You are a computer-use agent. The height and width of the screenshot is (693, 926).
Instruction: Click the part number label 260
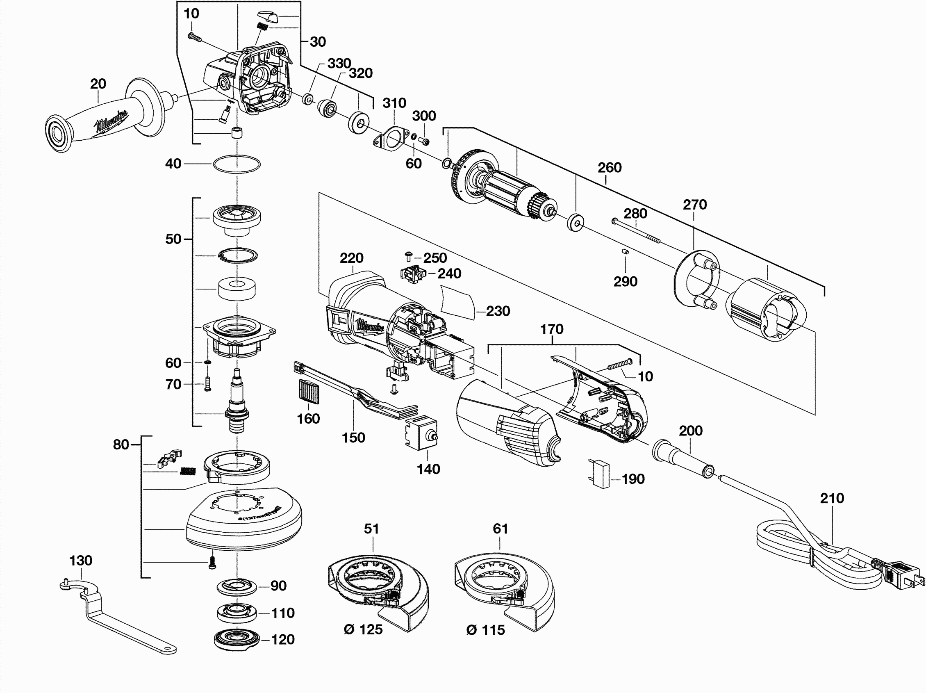609,168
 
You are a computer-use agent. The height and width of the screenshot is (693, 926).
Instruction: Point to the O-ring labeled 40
237,164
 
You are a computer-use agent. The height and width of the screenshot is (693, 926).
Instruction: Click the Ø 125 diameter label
363,629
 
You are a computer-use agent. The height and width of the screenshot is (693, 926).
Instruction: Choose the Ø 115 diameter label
485,630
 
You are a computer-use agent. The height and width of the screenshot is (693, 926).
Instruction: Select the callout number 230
498,311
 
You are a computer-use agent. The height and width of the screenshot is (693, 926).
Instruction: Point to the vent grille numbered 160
309,392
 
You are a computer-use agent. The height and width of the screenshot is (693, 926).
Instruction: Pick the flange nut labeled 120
236,640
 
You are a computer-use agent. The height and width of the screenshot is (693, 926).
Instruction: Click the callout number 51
371,529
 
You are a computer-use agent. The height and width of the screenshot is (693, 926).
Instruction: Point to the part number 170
551,329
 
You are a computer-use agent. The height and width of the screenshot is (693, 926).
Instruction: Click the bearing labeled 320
327,108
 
